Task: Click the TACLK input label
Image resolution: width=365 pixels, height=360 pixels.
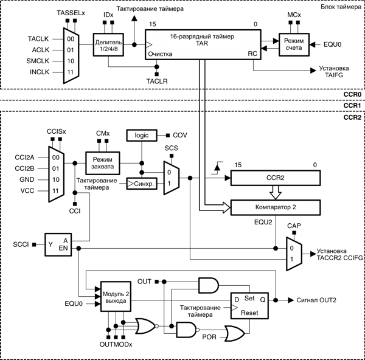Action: [x=38, y=38]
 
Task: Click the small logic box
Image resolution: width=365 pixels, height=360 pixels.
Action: [x=137, y=136]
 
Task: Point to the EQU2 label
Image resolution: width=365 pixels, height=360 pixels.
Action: [x=263, y=223]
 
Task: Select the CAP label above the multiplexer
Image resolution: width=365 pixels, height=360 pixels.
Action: [x=294, y=226]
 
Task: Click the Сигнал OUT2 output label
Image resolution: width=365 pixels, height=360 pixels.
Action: [x=318, y=300]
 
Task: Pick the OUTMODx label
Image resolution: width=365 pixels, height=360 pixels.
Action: [x=116, y=345]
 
